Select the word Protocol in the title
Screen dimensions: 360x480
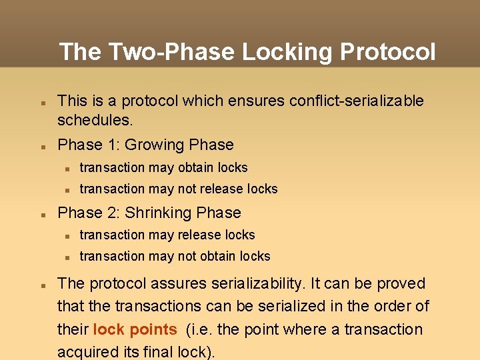click(387, 52)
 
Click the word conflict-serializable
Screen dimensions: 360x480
click(356, 101)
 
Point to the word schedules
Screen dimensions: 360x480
click(95, 120)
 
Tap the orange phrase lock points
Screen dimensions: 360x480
click(135, 329)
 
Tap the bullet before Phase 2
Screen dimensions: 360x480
click(41, 214)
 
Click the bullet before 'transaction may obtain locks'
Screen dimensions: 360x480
click(67, 168)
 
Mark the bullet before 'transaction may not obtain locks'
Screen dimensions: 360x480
click(67, 257)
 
